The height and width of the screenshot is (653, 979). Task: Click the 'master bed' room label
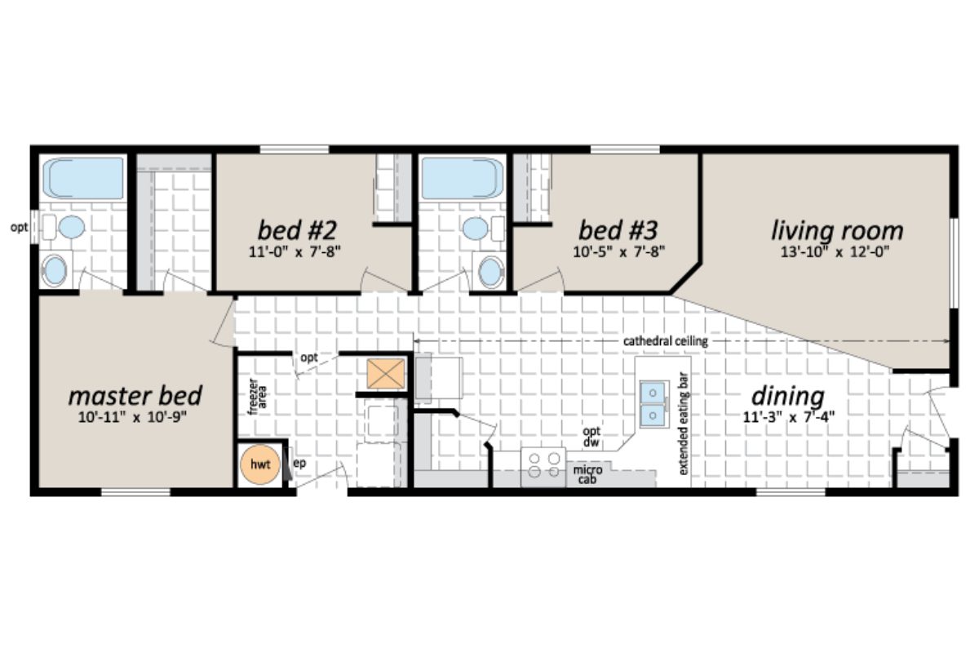pyautogui.click(x=135, y=396)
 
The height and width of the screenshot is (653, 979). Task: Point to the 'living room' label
pyautogui.click(x=837, y=230)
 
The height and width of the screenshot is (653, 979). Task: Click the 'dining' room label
pyautogui.click(x=787, y=396)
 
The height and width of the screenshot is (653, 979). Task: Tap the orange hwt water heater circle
pyautogui.click(x=260, y=464)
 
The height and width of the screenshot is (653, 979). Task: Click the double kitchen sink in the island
pyautogui.click(x=653, y=404)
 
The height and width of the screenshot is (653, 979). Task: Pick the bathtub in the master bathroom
pyautogui.click(x=82, y=179)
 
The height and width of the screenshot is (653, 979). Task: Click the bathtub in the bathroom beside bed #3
pyautogui.click(x=462, y=179)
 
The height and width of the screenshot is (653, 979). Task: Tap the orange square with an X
pyautogui.click(x=385, y=374)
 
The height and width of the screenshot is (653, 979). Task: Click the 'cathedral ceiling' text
pyautogui.click(x=665, y=341)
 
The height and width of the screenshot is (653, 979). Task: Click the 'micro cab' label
pyautogui.click(x=583, y=475)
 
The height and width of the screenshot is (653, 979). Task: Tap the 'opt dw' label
pyautogui.click(x=591, y=437)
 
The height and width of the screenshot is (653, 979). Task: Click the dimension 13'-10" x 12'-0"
pyautogui.click(x=837, y=251)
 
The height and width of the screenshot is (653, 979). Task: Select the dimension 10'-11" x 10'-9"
pyautogui.click(x=135, y=418)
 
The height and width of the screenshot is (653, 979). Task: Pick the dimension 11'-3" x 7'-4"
pyautogui.click(x=787, y=418)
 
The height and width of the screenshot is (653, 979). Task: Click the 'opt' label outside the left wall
pyautogui.click(x=18, y=228)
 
